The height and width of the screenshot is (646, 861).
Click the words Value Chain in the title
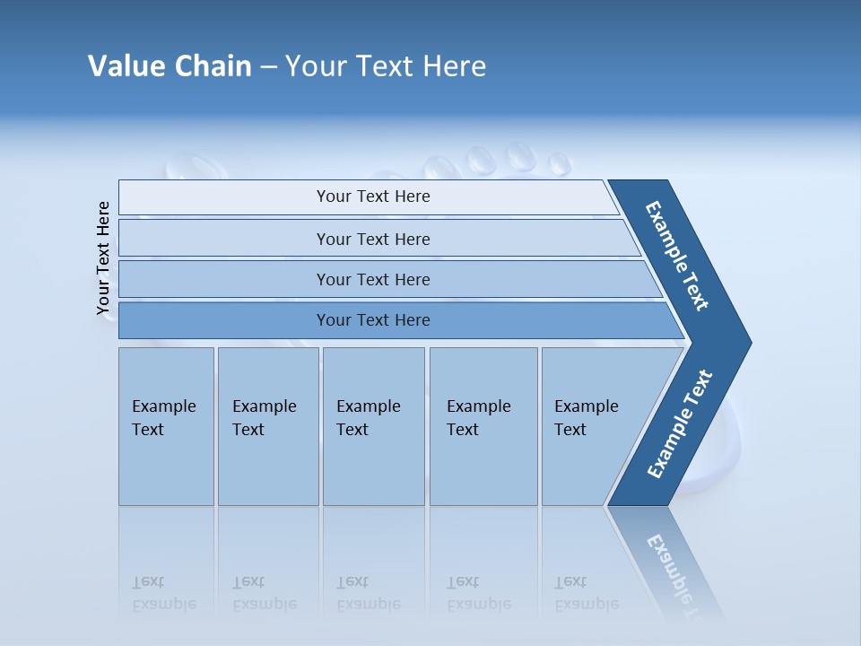[170, 66]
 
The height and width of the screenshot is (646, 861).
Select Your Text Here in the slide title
[386, 66]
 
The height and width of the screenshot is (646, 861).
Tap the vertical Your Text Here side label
[103, 258]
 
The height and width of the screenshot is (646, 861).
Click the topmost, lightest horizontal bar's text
[373, 196]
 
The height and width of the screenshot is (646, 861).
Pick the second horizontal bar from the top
[373, 239]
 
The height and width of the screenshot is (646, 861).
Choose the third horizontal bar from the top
[373, 279]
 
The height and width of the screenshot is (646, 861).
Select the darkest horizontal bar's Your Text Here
[373, 320]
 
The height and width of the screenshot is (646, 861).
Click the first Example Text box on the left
[164, 418]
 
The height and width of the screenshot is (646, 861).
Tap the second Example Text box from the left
[265, 418]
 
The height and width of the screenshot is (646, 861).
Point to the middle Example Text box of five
[369, 418]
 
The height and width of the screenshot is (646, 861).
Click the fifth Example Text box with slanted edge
[587, 418]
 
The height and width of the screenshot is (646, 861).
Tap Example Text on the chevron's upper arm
[677, 256]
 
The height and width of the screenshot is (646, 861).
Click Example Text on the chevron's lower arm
[680, 424]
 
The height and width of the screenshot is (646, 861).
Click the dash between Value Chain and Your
[268, 67]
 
